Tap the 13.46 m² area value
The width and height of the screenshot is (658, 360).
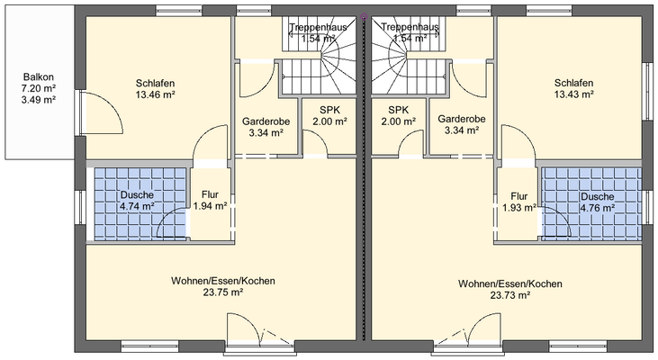click(x=154, y=93)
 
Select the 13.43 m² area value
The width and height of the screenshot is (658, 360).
click(x=572, y=93)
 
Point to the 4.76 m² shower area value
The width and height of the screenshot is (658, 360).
click(x=596, y=207)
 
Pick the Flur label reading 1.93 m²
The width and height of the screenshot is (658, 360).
click(x=518, y=196)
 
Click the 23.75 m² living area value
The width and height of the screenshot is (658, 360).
click(x=222, y=292)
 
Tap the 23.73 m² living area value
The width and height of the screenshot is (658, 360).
click(x=509, y=295)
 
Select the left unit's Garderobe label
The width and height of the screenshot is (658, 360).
click(x=265, y=120)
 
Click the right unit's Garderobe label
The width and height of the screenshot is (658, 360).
click(x=462, y=119)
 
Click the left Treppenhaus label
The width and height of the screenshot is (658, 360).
click(x=319, y=27)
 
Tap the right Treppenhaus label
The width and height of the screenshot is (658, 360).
click(x=410, y=27)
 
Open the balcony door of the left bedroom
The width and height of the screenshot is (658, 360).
click(x=99, y=112)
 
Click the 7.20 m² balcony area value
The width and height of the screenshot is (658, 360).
click(x=38, y=89)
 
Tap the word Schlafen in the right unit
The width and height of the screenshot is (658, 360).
click(x=572, y=81)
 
